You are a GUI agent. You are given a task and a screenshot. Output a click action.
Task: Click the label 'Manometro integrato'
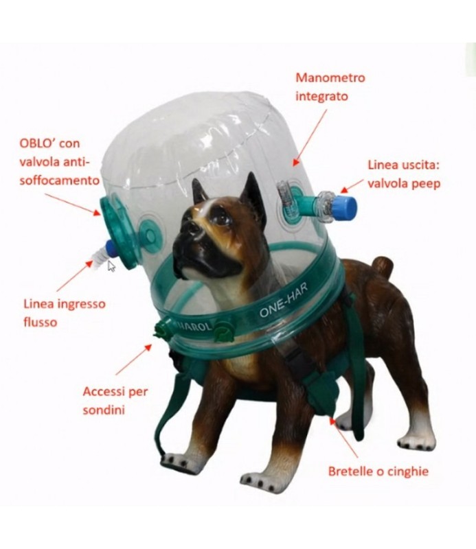[x=330, y=86]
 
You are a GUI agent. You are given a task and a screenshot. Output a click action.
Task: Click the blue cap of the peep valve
[x=347, y=205]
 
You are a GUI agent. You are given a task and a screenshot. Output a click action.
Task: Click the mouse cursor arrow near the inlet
[x=111, y=266]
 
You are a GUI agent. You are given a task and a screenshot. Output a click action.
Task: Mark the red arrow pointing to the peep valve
[x=354, y=184]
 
